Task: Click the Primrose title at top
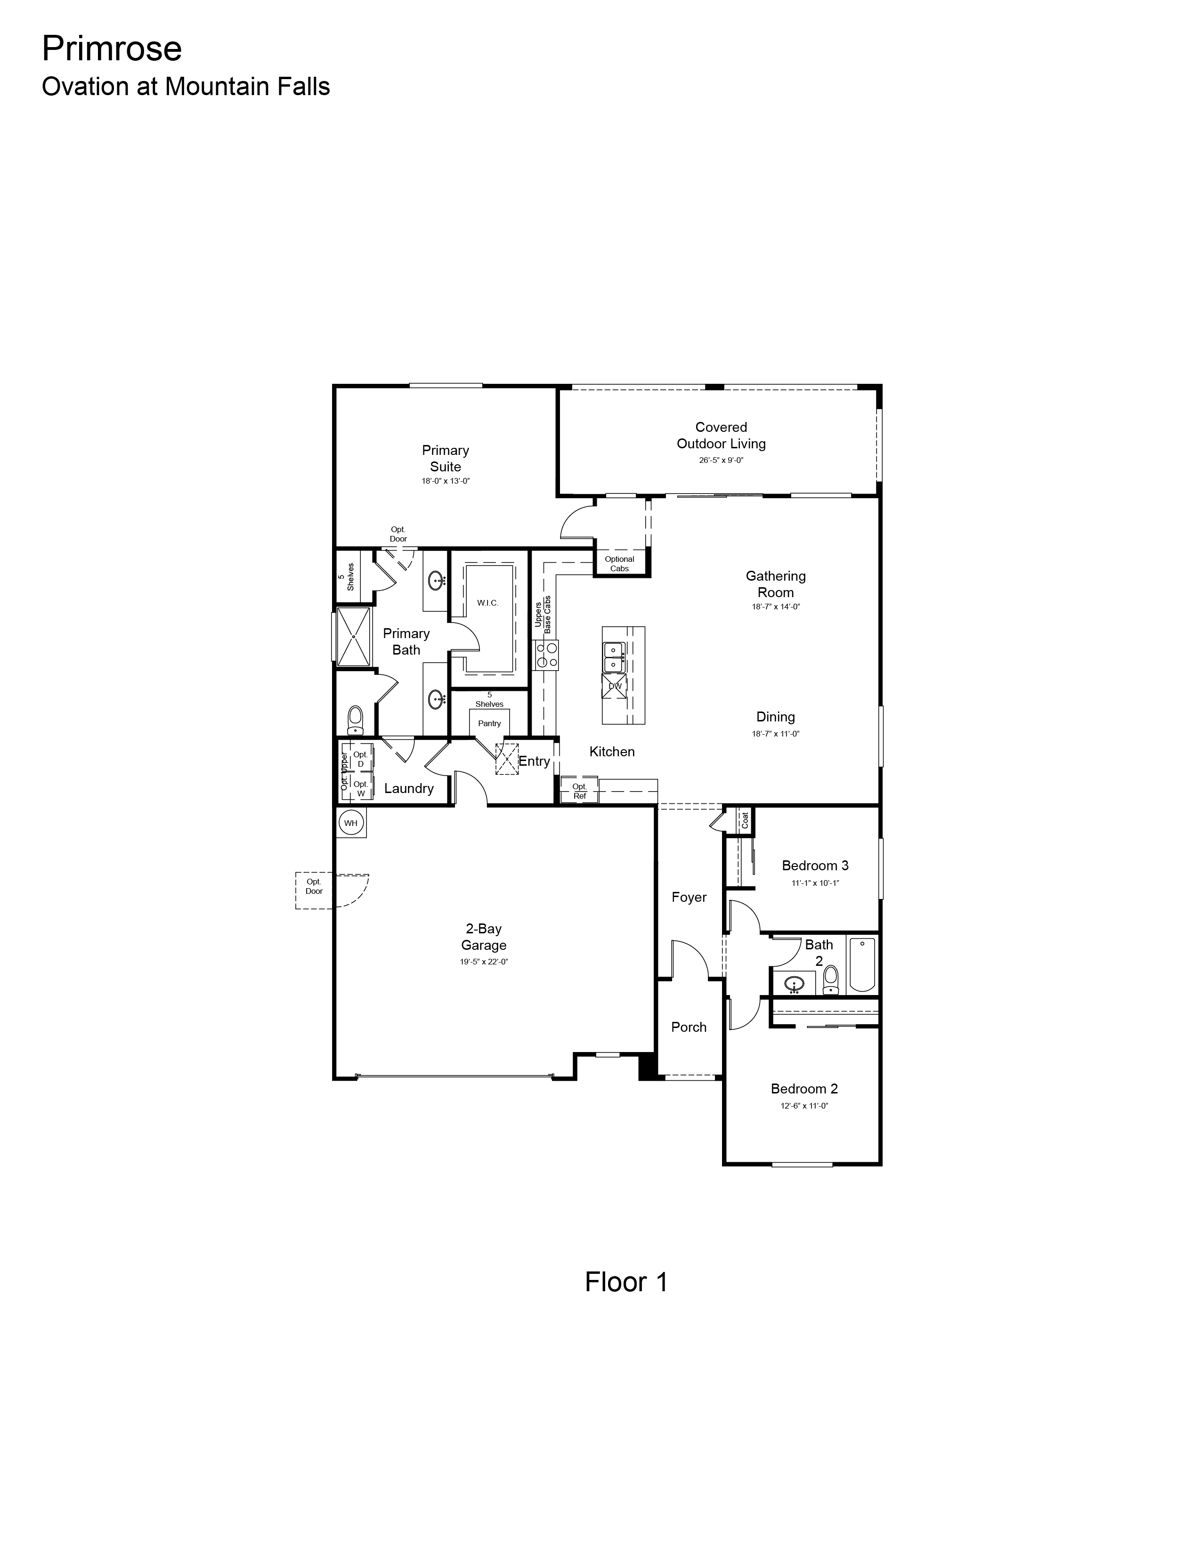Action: tap(112, 49)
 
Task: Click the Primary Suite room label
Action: tap(446, 458)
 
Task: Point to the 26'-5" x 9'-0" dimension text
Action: tap(721, 461)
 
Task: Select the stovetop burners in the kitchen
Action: tap(546, 655)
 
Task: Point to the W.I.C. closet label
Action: tap(487, 603)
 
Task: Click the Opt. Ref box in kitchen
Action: tap(579, 791)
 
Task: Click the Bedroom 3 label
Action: tap(815, 865)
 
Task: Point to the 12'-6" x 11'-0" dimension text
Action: tap(804, 1106)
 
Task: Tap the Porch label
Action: tap(689, 1027)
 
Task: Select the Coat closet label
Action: tap(745, 820)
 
